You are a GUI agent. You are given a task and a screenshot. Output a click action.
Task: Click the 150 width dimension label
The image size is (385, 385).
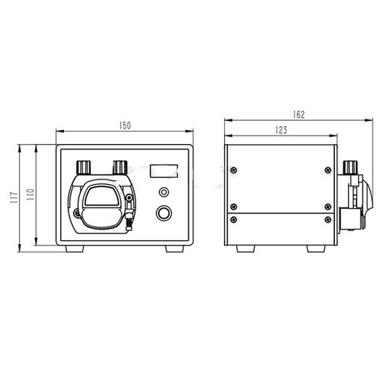124,124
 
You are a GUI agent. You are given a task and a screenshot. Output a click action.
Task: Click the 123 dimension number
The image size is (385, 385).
281,131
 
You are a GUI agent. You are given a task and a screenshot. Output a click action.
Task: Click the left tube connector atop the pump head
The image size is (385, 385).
83,166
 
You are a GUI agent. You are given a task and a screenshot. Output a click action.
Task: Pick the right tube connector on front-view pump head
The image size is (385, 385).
119,166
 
